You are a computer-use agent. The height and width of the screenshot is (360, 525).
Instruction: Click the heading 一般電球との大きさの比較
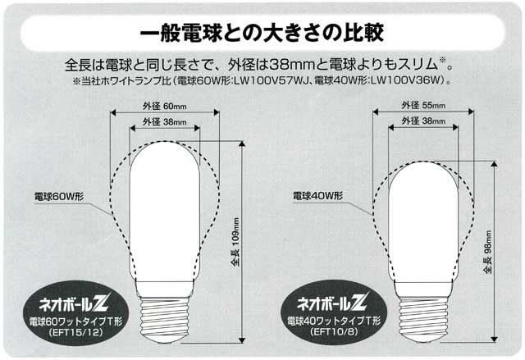point(262,33)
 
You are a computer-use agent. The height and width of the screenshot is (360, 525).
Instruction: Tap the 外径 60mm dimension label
point(164,107)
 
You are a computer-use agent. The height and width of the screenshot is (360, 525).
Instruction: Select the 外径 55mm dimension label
point(423,106)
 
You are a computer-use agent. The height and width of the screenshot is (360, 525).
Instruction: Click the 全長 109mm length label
point(235,242)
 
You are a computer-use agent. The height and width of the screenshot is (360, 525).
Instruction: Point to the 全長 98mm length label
point(487,253)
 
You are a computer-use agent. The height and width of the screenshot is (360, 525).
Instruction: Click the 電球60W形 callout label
point(59,196)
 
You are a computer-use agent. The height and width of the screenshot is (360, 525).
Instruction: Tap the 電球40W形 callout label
point(317,196)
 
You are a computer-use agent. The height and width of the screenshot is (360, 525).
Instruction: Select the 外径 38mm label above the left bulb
point(164,122)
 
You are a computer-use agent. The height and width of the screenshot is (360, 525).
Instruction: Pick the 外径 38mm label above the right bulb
point(423,121)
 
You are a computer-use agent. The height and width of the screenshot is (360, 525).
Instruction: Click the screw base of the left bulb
point(164,317)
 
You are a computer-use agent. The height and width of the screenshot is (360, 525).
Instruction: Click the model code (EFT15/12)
point(75,333)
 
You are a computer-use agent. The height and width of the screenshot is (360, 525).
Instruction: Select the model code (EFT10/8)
point(334,331)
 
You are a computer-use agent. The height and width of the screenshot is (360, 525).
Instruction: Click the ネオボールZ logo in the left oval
point(73,303)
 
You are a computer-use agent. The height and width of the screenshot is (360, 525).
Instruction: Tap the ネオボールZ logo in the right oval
point(333,302)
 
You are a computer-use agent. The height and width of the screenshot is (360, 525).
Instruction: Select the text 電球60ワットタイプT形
point(75,321)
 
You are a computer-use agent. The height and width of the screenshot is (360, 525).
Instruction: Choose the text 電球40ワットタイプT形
point(334,321)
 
